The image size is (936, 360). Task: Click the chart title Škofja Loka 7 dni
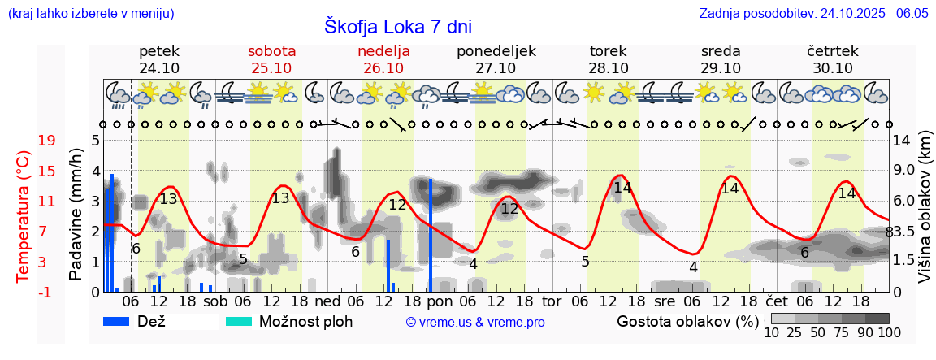click(397, 26)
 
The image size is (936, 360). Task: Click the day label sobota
click(271, 51)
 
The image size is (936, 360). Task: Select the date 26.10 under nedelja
click(383, 68)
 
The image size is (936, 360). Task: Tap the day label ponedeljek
click(496, 51)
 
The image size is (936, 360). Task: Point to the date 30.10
click(833, 68)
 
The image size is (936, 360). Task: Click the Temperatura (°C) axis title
click(24, 215)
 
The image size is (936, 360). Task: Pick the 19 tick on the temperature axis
click(47, 140)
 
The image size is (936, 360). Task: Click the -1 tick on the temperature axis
click(47, 292)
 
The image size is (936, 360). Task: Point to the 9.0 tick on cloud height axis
click(903, 170)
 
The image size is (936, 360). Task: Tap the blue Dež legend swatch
click(117, 322)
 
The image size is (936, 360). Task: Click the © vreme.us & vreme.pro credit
click(475, 322)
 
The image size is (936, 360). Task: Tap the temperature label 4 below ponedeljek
click(473, 263)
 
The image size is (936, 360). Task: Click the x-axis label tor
click(552, 301)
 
